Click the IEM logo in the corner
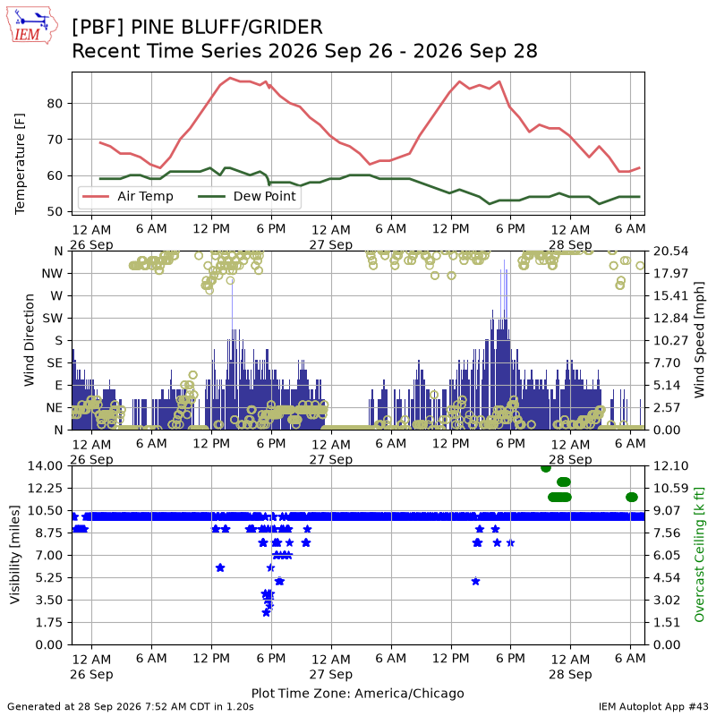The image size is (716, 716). (x=31, y=25)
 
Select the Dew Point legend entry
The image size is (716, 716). (x=247, y=196)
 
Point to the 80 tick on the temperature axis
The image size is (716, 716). (x=55, y=104)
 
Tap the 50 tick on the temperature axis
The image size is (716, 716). (x=55, y=211)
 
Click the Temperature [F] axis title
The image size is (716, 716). (x=20, y=164)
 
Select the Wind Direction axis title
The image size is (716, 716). (x=30, y=340)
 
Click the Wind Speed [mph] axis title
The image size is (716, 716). (x=699, y=340)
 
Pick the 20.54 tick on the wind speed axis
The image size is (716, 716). (x=670, y=251)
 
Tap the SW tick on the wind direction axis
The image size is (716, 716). (x=53, y=319)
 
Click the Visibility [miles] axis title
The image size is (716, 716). (x=15, y=555)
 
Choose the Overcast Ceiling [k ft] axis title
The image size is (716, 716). (x=699, y=555)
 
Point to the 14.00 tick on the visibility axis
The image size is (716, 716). (x=46, y=465)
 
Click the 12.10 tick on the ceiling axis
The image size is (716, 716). (x=670, y=465)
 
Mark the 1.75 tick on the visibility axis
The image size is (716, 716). (x=49, y=622)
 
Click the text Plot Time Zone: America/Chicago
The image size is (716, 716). (x=357, y=693)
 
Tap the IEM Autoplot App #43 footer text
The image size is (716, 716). (x=653, y=707)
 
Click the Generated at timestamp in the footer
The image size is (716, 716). (x=131, y=707)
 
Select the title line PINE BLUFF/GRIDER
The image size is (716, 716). (x=197, y=27)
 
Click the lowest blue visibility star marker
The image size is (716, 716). (x=266, y=613)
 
